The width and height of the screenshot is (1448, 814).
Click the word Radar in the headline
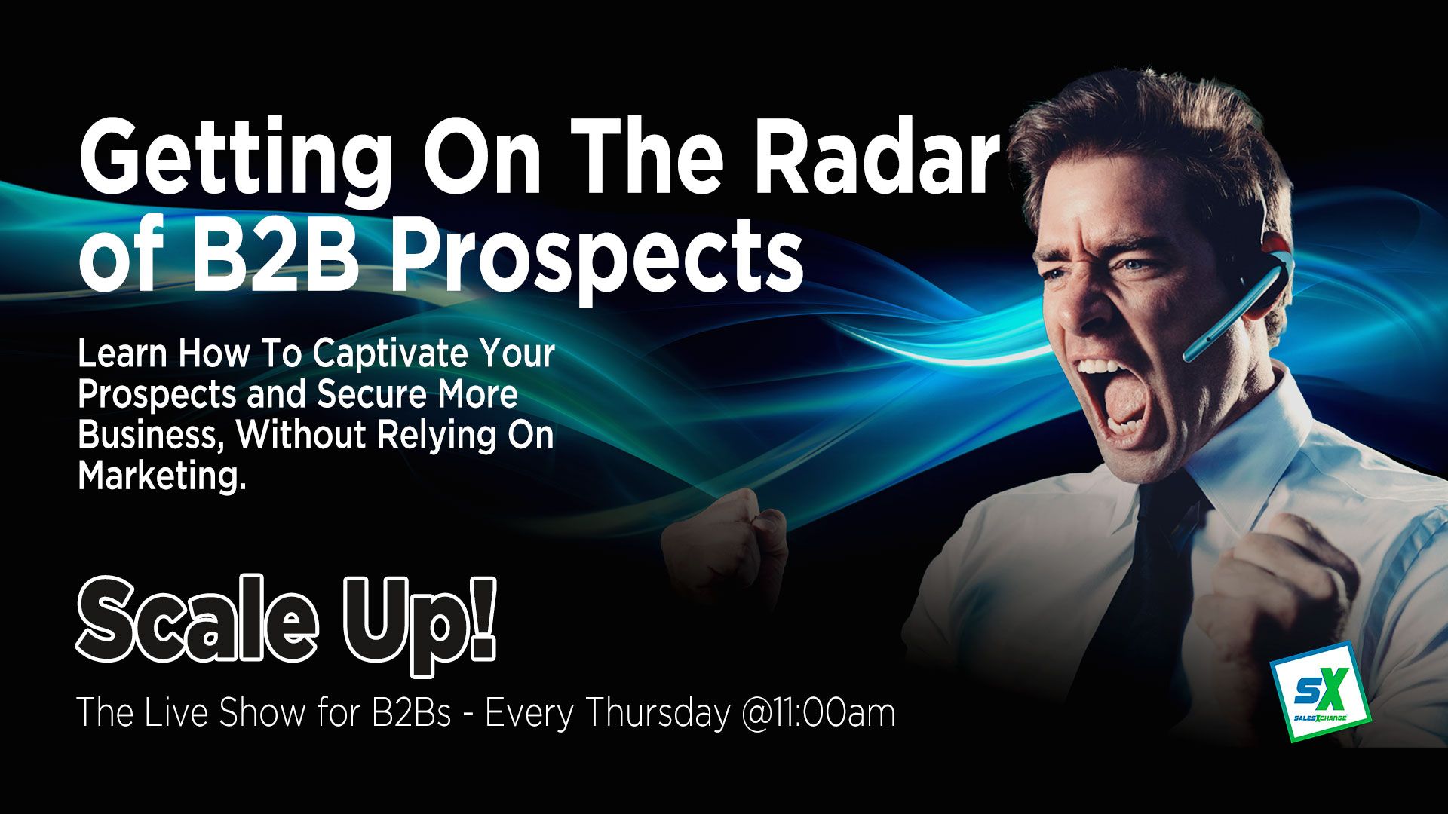pyautogui.click(x=876, y=161)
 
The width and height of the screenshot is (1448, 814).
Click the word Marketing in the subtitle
pyautogui.click(x=162, y=477)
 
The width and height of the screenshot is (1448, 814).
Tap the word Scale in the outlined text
pyautogui.click(x=198, y=622)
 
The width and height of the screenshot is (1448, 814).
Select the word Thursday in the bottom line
pyautogui.click(x=657, y=713)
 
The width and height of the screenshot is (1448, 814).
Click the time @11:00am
pyautogui.click(x=818, y=714)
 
